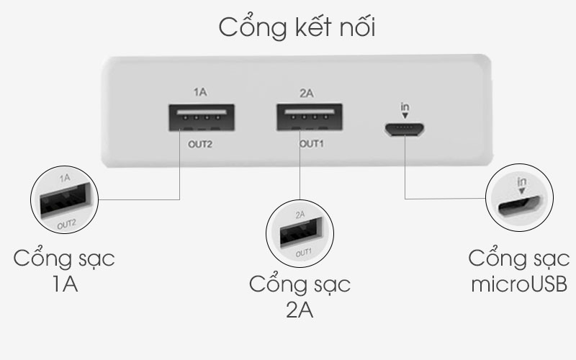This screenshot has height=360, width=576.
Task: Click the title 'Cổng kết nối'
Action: (297, 28)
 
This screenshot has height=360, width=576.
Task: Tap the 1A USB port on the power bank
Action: (202, 118)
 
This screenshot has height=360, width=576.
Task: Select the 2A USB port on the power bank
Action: (309, 118)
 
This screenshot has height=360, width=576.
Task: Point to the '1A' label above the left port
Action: (201, 92)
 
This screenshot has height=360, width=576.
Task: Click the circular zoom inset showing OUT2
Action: (63, 199)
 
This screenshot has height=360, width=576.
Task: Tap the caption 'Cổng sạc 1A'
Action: (64, 271)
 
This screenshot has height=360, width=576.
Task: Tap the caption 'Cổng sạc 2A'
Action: (300, 294)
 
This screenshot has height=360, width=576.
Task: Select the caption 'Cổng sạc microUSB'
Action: (518, 271)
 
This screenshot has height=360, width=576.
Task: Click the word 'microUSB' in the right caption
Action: (518, 283)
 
